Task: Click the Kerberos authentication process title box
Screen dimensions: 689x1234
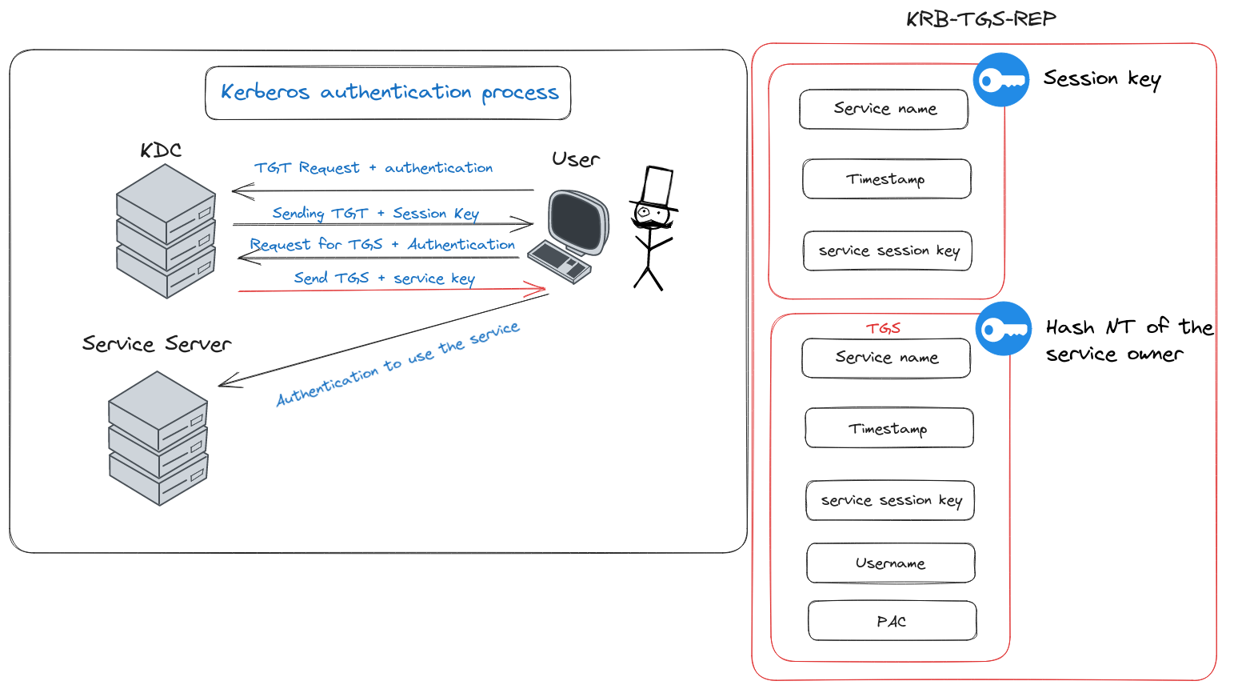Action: coord(388,93)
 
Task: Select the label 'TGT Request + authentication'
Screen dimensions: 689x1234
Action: coord(373,168)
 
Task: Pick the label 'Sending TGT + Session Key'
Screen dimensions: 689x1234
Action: coord(375,214)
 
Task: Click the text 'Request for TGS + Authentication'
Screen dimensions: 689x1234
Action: coord(382,245)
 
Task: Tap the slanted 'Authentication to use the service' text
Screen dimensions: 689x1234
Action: coord(397,364)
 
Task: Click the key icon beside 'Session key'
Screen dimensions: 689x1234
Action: coord(1001,80)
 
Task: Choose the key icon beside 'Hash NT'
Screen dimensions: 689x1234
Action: coord(1004,329)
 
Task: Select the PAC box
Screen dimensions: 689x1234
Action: coord(892,621)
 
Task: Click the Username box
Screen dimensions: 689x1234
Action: coord(891,563)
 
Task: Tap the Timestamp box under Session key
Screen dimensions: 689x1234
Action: coord(886,179)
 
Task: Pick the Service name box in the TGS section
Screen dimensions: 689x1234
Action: coord(886,358)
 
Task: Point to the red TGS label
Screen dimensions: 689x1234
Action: coord(883,328)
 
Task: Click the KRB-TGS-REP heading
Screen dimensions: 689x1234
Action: coord(981,19)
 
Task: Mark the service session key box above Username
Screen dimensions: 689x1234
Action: coord(890,501)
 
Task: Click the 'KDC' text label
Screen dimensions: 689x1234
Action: coord(161,150)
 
